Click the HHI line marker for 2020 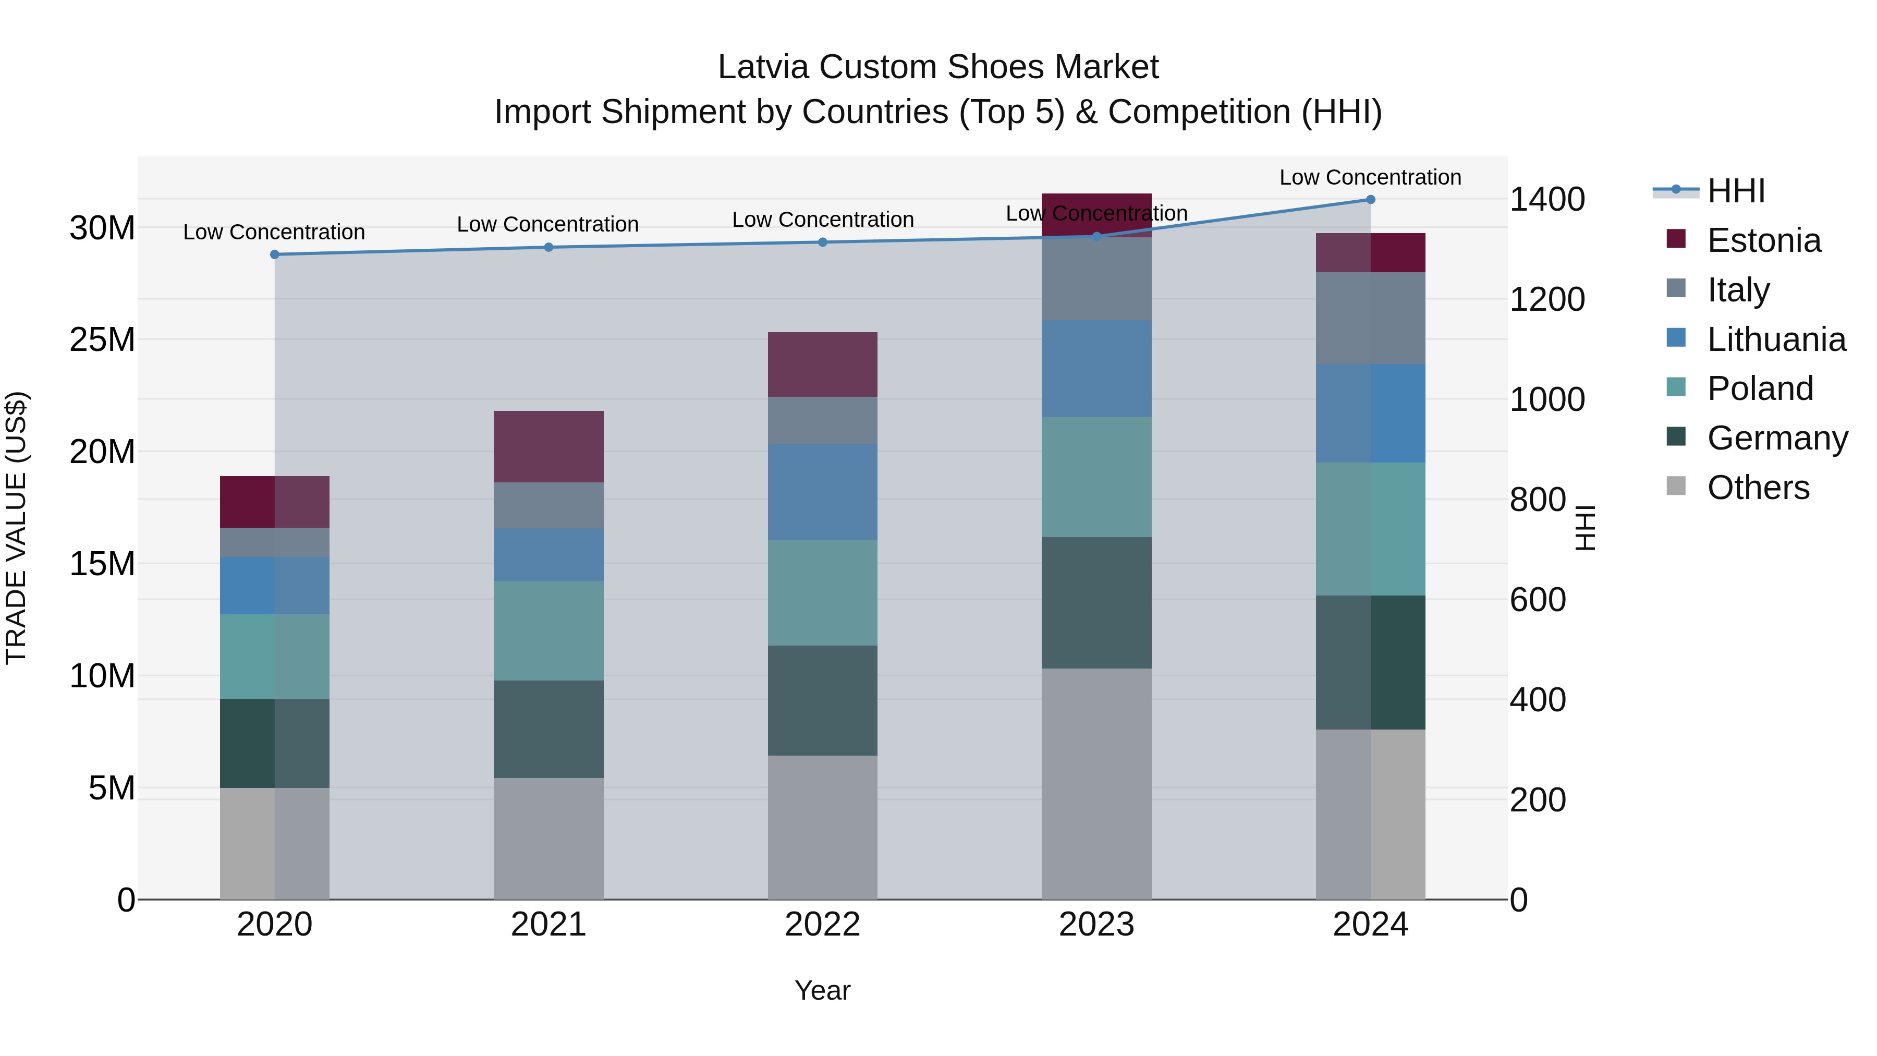tap(275, 254)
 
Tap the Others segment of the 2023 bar tap(1096, 783)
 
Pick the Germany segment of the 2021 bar tap(548, 729)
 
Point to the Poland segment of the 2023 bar tap(1096, 477)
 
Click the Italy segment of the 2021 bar tap(548, 505)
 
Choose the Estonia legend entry tap(1763, 240)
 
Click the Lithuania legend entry tap(1776, 339)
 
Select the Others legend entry tap(1758, 488)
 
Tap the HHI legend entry tap(1736, 191)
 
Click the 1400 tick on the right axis tap(1546, 200)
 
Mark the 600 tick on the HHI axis tap(1538, 600)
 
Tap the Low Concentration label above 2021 tap(548, 224)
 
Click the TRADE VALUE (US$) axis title tap(16, 528)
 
